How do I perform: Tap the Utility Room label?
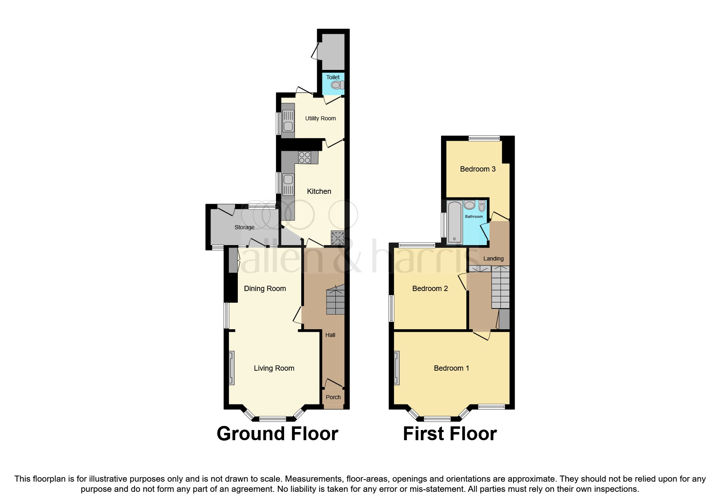tap(320, 118)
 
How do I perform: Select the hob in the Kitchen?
tap(305, 157)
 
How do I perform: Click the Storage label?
tap(244, 227)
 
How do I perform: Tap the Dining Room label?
tap(265, 289)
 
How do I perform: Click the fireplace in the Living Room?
tap(231, 368)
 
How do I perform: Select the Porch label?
tap(333, 397)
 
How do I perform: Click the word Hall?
tap(330, 335)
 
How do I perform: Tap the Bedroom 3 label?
tap(478, 169)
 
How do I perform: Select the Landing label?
tap(493, 259)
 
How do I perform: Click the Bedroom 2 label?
tap(430, 289)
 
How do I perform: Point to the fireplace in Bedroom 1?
tap(396, 368)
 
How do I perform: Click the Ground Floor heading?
tap(277, 434)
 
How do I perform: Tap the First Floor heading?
tap(450, 434)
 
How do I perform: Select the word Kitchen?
tap(319, 191)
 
